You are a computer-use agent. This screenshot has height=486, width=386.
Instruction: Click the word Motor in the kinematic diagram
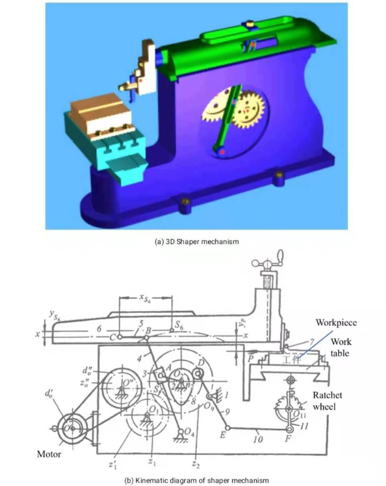[x=49, y=454]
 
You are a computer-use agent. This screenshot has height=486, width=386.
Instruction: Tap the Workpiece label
[x=336, y=323]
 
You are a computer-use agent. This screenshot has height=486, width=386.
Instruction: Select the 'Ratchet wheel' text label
[x=327, y=400]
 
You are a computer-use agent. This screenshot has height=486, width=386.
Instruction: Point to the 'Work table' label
[x=341, y=347]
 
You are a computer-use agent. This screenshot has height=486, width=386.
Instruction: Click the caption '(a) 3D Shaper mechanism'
[x=197, y=242]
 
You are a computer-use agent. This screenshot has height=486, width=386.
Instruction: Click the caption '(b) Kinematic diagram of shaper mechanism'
[x=196, y=480]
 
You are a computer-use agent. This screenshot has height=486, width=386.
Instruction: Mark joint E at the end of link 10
[x=227, y=427]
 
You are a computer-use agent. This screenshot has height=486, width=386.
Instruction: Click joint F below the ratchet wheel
[x=289, y=429]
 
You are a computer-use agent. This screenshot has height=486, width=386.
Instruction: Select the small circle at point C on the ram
[x=120, y=337]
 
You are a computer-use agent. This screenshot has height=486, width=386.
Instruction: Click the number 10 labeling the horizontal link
[x=257, y=439]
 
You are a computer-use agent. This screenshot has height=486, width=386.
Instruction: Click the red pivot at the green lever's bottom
[x=221, y=151]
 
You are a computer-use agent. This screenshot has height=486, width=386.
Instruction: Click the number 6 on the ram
[x=99, y=329]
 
